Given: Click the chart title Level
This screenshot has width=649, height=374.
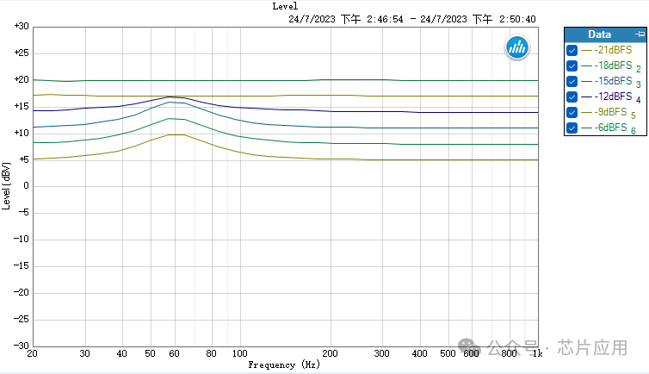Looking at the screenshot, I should coord(285,6).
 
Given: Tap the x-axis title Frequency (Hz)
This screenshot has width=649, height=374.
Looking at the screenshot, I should coord(284,365).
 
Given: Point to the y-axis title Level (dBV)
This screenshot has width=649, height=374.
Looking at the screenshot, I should coord(7,185).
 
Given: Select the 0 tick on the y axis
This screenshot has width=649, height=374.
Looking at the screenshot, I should coord(26,186).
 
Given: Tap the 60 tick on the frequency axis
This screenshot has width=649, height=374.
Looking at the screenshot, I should coord(175,354).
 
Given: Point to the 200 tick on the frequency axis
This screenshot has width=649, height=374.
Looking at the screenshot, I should coord(330,354).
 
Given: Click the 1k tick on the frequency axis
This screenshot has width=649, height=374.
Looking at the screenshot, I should coord(538,354).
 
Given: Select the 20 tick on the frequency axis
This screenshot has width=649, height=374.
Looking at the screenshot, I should coord(33,354).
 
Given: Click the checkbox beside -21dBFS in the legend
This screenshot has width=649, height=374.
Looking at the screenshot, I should coord(572,50).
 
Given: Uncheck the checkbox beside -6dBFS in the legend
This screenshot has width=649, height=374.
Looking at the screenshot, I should coord(572,128).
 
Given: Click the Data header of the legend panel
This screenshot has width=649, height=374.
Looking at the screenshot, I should coord(599,34).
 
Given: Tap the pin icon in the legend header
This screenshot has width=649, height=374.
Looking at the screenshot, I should coord(637,34).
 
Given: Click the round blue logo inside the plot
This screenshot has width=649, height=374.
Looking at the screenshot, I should coord(517,48).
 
